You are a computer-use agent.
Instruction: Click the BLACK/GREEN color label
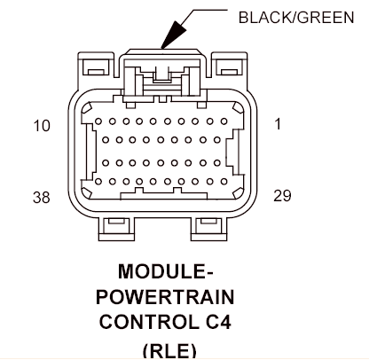(x=296, y=18)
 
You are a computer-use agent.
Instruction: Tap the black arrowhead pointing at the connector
(x=174, y=35)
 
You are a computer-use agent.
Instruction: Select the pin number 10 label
(x=42, y=126)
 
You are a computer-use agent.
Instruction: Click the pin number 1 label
(x=278, y=123)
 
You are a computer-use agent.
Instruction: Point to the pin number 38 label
(x=42, y=197)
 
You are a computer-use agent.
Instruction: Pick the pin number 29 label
(x=282, y=196)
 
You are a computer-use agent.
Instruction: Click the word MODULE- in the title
(x=165, y=271)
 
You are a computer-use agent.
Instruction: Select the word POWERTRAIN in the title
(x=165, y=297)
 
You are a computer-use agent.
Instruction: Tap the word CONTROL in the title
(x=149, y=322)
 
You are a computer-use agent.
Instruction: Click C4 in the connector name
(x=218, y=322)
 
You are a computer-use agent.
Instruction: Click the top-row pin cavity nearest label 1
(x=224, y=121)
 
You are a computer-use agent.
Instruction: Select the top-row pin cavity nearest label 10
(x=98, y=121)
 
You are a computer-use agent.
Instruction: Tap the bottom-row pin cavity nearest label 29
(x=224, y=182)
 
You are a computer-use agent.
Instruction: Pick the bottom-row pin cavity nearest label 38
(x=98, y=182)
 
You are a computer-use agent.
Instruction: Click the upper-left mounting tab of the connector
(x=96, y=65)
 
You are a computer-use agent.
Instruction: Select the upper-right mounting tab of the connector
(x=230, y=65)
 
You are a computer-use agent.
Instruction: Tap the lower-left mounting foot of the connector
(x=116, y=229)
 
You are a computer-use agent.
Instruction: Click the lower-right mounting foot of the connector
(x=209, y=229)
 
